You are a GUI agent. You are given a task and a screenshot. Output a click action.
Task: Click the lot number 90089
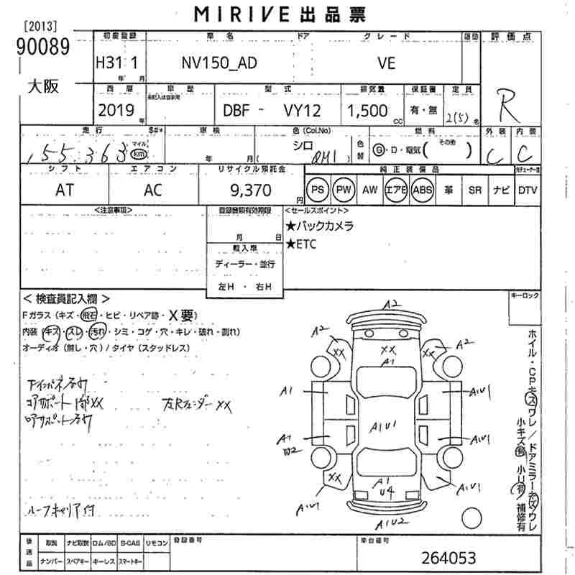pyautogui.click(x=40, y=47)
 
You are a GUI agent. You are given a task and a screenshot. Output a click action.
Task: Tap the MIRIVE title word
pyautogui.click(x=232, y=14)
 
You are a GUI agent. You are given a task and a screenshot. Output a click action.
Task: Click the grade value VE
pyautogui.click(x=386, y=63)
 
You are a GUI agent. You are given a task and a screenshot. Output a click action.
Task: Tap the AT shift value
pyautogui.click(x=64, y=190)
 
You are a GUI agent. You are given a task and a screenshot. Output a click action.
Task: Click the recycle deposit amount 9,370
pyautogui.click(x=251, y=190)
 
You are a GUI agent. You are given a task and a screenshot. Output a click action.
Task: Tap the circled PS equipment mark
pyautogui.click(x=317, y=190)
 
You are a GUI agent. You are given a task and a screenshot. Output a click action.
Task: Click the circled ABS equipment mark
pyautogui.click(x=423, y=190)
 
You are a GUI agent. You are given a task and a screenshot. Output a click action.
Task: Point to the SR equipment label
pyautogui.click(x=474, y=190)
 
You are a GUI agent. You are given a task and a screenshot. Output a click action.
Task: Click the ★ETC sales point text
pyautogui.click(x=301, y=244)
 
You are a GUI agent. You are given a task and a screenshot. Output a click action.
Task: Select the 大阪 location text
pyautogui.click(x=42, y=87)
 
